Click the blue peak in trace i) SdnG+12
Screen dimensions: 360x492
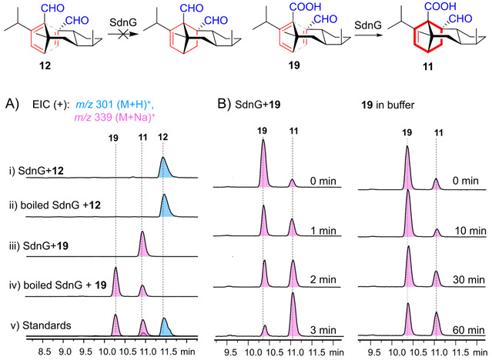click(x=164, y=168)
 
